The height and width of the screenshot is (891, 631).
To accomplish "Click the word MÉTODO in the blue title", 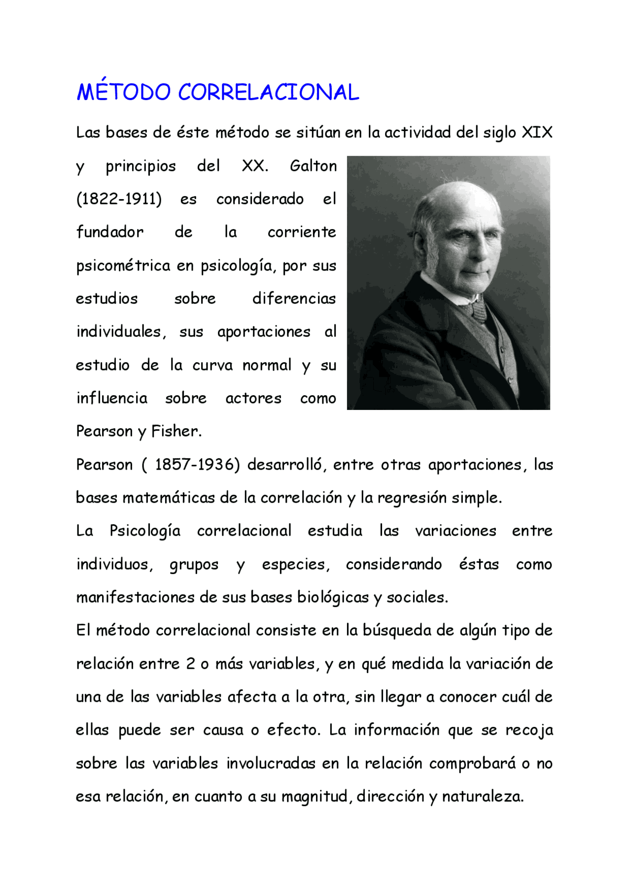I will pos(123,92).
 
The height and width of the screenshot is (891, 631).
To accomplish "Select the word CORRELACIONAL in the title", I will pos(268,93).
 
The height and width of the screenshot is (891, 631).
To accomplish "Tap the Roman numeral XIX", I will pos(537,133).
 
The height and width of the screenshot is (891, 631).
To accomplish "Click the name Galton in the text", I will pos(313,166).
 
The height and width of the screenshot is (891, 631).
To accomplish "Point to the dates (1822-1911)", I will pos(119,199).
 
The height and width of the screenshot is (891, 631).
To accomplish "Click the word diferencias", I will pos(294,299).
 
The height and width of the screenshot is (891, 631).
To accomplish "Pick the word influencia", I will pos(112,398).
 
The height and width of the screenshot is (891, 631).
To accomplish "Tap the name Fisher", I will pos(175,432).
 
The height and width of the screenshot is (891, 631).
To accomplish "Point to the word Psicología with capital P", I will pos(145,531).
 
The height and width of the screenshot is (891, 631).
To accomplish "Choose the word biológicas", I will pos(333,598).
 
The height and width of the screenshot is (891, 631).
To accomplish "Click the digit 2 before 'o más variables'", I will pos(190,664).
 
